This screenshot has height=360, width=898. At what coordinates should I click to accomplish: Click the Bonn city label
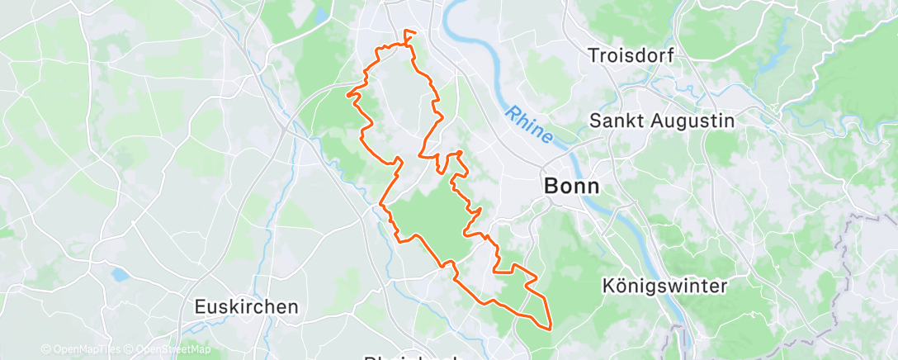tap(572, 186)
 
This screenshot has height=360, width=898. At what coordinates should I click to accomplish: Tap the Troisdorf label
tap(631, 55)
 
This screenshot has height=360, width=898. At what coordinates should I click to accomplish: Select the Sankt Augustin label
tap(662, 121)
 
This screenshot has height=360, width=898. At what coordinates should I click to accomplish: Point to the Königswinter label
tap(664, 286)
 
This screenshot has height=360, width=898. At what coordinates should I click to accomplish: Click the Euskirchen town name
tap(246, 306)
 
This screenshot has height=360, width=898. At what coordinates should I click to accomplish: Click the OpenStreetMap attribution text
tap(173, 349)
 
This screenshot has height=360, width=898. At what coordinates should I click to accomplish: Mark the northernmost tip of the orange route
tap(407, 31)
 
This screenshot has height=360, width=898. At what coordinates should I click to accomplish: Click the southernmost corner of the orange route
tap(548, 328)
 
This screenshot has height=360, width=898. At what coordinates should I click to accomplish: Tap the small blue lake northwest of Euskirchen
tap(120, 274)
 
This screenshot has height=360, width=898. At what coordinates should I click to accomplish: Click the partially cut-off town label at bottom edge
tap(410, 357)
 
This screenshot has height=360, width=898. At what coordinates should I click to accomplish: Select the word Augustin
tap(690, 121)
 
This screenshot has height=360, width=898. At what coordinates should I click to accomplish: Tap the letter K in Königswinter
tap(609, 286)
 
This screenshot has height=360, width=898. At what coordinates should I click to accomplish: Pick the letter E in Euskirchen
tap(200, 306)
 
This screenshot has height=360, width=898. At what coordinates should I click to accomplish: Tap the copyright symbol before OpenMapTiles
tap(45, 349)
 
